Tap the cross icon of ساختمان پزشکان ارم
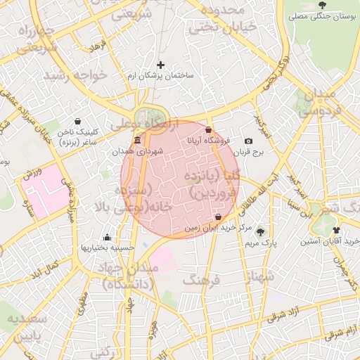click(x=160, y=65)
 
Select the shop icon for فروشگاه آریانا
click(x=209, y=129)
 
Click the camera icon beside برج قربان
click(x=248, y=141)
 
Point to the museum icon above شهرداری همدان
click(x=136, y=141)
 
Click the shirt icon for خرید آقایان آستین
click(x=337, y=230)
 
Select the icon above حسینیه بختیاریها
click(x=107, y=237)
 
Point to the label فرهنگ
click(x=202, y=281)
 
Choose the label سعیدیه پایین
click(x=27, y=326)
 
